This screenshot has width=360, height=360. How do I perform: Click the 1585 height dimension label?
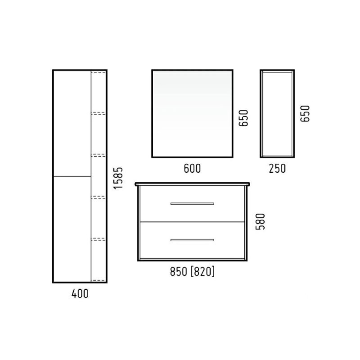click(118, 178)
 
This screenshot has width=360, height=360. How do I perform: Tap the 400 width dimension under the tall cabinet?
click(80, 294)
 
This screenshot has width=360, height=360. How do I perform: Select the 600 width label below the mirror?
click(192, 168)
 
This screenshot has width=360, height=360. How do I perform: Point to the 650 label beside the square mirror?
click(243, 118)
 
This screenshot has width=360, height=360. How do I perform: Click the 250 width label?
click(277, 168)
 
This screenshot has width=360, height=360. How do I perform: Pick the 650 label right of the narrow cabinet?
click(305, 113)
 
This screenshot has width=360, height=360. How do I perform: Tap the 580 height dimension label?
click(261, 221)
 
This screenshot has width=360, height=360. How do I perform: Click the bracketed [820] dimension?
click(203, 271)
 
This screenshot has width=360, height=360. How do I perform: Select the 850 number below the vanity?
click(179, 272)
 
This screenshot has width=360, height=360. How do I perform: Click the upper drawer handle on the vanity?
click(192, 204)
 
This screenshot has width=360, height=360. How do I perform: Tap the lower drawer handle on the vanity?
click(192, 240)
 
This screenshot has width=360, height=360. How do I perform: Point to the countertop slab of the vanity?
click(192, 184)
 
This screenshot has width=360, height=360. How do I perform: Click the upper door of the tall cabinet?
click(72, 123)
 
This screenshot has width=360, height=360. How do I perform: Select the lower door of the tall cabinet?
click(72, 229)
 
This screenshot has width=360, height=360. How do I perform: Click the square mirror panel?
click(192, 113)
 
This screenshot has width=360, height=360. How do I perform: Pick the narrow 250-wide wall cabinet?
click(277, 113)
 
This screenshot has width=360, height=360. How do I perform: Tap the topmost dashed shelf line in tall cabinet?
click(99, 72)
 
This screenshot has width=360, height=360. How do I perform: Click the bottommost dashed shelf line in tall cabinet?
click(99, 280)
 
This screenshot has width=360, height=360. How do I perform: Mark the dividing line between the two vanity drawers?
click(192, 222)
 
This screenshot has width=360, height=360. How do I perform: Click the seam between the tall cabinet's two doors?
click(72, 176)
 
